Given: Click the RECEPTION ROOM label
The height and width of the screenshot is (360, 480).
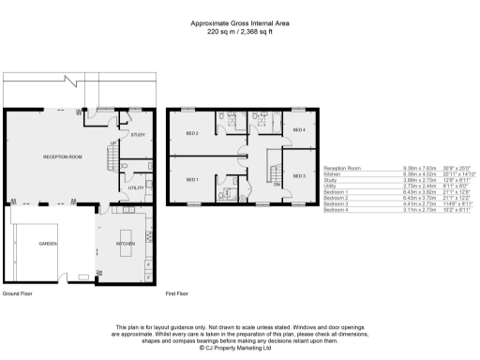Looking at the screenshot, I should point(64,157).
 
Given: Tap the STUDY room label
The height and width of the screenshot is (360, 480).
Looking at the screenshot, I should point(137,136).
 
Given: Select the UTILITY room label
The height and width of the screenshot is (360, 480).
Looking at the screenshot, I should point(137,188).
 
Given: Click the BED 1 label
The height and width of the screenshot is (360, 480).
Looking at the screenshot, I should point(191,179).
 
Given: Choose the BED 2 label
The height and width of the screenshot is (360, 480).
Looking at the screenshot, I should point(191,133).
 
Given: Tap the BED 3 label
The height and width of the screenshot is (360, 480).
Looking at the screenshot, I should point(298,176).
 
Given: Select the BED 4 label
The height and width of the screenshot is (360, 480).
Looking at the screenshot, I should point(298,129).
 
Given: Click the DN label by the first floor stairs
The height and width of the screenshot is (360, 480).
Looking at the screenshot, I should point(277,185).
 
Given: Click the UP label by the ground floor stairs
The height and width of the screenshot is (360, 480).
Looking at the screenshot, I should point(113,142).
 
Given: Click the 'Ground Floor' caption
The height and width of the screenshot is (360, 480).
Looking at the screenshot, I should point(19,294).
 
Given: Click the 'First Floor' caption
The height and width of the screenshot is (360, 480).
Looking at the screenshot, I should point(178,294).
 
